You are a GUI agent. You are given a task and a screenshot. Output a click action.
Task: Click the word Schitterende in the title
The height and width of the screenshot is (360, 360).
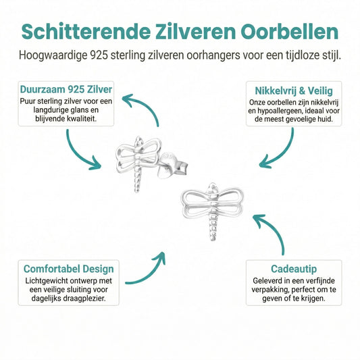click(86, 32)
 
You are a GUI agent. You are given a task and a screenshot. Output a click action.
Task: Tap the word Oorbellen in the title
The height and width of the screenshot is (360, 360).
click(290, 32)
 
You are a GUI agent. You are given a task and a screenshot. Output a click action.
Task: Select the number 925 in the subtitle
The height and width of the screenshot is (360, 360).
click(99, 55)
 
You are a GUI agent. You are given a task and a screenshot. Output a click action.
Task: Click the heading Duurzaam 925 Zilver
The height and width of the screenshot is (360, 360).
click(66, 89)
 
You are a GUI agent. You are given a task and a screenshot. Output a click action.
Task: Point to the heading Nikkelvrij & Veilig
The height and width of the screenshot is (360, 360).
click(294, 91)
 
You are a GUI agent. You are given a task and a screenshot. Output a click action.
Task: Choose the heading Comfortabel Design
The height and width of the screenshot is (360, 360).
click(68, 269)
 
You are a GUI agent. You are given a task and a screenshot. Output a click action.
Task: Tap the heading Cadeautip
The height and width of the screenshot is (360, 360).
click(294, 269)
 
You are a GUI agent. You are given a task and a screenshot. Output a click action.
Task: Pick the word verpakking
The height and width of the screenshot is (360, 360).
click(270, 290)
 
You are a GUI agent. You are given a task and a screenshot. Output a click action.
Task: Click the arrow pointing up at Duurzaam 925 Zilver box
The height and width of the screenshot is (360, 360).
click(147, 105)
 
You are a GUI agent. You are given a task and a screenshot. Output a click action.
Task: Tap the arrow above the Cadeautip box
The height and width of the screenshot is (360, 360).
click(274, 230)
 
